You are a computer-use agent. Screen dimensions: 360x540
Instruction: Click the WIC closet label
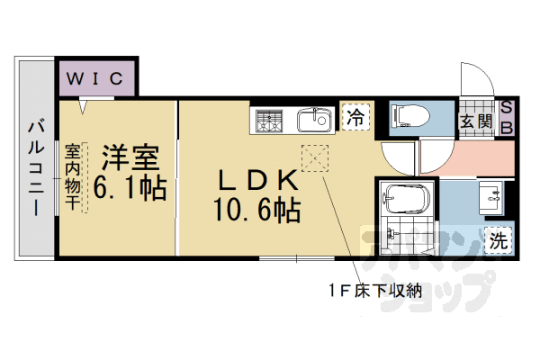(98, 77)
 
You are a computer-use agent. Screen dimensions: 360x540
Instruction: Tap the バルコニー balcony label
(35, 167)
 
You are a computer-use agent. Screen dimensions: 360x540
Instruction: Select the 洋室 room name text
(130, 158)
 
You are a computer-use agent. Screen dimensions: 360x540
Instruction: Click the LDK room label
(256, 181)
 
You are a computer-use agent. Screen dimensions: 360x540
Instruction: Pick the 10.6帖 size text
(256, 212)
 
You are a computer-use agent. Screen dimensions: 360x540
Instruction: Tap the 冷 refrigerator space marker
(356, 116)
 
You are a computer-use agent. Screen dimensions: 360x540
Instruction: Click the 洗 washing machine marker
(499, 239)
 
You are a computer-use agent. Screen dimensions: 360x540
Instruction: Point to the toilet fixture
(410, 115)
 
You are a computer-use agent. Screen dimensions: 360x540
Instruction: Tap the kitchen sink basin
(313, 119)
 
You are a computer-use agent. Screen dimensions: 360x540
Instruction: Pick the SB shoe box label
(507, 118)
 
